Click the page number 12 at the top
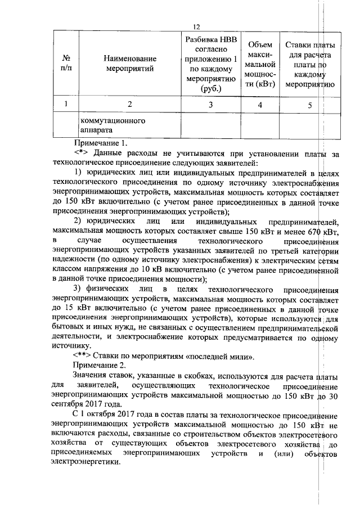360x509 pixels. click(196, 27)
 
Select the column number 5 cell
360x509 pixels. click(310, 103)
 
